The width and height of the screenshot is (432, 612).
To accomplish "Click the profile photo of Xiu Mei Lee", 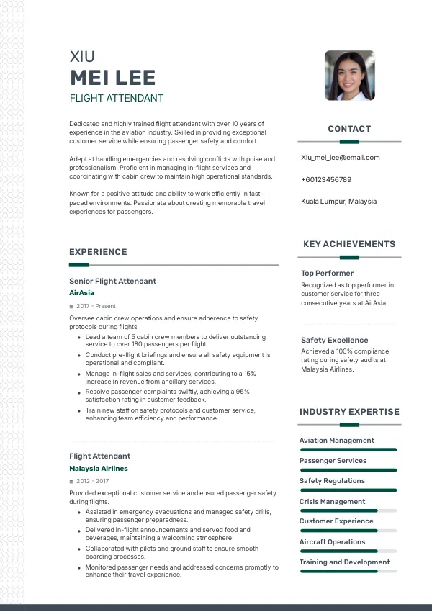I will point(349,75).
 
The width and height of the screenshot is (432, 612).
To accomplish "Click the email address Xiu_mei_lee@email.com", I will point(340,158).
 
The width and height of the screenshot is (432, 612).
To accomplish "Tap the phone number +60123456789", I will point(326,179).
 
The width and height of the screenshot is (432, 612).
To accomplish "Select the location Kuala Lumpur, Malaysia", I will point(338,202).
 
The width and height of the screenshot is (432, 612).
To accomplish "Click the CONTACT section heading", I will point(349,129).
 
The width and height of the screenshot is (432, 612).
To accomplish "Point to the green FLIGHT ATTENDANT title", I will point(117,98).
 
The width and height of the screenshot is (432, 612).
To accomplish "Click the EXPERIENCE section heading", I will point(98,252).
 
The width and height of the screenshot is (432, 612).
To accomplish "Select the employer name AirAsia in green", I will point(81,293).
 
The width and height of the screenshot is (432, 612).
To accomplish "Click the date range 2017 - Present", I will point(91,307).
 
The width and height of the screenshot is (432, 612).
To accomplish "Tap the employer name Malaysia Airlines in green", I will point(99,469).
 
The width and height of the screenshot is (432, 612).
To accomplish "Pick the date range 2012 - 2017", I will point(92,481).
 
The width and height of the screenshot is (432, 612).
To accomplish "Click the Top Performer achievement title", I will point(327,274).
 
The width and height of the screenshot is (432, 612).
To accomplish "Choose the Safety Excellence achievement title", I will point(334,340).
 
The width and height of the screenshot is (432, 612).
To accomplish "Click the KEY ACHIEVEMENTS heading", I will point(349,244).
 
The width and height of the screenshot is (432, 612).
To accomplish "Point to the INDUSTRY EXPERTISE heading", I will point(349,412).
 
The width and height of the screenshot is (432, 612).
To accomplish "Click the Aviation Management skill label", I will point(337,441).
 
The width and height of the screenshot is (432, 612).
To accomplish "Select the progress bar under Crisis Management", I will point(348,510).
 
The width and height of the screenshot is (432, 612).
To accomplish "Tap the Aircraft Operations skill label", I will point(333,541).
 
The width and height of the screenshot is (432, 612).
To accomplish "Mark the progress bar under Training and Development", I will point(348,571).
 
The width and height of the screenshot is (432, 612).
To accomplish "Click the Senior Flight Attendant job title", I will point(112,281).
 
